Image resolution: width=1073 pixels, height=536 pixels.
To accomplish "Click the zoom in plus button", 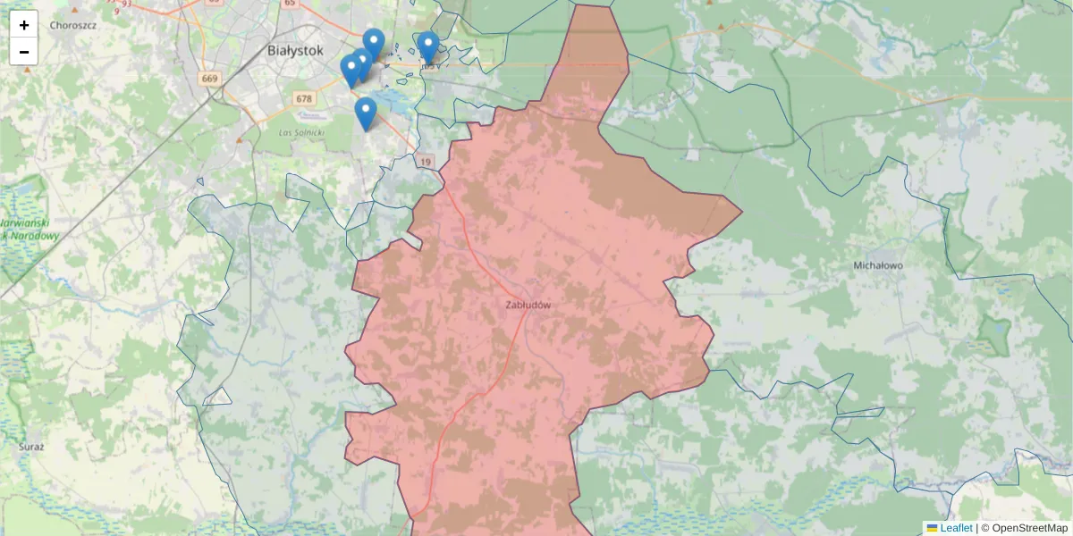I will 24,25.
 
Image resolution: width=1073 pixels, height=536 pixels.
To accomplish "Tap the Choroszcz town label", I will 72,25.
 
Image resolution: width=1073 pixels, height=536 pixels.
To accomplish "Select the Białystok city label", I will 294,50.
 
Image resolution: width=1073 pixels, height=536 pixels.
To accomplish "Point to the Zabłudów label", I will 528,305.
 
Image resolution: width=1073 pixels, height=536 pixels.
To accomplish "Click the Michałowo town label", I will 878,265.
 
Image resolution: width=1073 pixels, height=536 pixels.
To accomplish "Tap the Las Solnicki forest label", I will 301,132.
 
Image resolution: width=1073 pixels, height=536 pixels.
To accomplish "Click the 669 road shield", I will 210,79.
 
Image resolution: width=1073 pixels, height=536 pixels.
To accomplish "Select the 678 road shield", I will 304,99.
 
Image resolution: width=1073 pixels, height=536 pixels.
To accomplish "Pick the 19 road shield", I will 426,161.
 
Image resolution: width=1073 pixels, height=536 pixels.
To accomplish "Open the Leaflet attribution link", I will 956,528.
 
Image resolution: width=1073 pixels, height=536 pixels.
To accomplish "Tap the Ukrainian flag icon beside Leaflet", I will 932,528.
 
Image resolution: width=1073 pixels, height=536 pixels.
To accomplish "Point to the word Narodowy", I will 30,237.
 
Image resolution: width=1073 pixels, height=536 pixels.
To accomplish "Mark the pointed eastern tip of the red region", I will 741,212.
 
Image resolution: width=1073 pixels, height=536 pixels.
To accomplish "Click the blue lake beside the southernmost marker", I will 386,97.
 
